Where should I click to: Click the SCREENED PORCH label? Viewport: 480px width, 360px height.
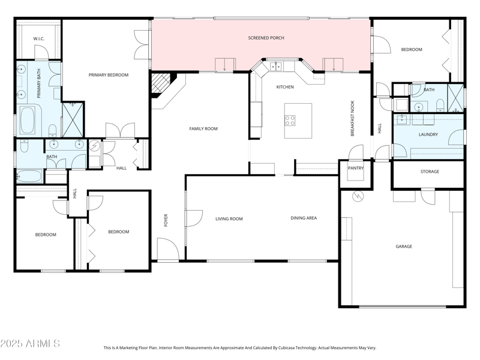point(266,38)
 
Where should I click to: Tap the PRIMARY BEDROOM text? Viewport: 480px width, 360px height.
point(109,75)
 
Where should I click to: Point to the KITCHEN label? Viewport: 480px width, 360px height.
point(285,87)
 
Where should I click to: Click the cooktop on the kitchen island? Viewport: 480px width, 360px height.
point(290,119)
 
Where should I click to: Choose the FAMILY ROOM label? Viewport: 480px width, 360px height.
point(203,128)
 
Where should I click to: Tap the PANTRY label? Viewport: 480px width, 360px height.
point(356,168)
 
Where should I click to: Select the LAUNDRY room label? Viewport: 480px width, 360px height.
point(428,134)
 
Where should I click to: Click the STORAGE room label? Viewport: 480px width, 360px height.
point(430,172)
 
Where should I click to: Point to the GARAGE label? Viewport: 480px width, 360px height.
point(404,246)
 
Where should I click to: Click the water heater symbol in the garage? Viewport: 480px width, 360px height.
point(356,196)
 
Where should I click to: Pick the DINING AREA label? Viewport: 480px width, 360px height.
point(304,218)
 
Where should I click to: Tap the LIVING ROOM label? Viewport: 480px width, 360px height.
point(229,218)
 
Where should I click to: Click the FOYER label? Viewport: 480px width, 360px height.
point(167,220)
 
